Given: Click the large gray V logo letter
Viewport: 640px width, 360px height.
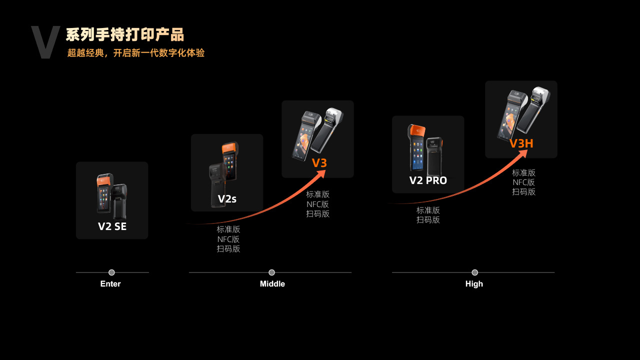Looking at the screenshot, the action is [x=45, y=42].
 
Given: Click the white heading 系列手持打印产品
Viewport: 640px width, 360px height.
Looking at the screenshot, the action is [x=125, y=35].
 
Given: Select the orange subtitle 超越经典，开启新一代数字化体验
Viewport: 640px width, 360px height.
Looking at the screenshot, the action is [x=136, y=53].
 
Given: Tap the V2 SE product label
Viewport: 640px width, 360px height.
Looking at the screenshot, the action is [x=112, y=226].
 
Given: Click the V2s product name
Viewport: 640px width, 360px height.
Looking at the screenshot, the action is [x=227, y=199].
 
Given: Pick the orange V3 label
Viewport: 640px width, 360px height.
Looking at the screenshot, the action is [x=319, y=163].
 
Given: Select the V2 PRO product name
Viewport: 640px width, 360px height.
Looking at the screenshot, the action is [x=428, y=180].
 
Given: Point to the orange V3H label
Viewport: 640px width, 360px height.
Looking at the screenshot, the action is [x=521, y=144].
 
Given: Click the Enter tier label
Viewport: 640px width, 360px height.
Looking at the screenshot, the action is [x=110, y=284].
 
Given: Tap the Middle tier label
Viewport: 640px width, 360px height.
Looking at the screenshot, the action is [x=272, y=284].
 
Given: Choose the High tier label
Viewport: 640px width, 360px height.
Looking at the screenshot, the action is [x=474, y=284].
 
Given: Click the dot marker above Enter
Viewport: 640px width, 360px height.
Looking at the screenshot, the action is [x=111, y=272].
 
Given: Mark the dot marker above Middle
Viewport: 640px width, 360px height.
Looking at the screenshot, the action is [x=271, y=272].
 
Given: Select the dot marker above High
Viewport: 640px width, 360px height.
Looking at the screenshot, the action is [x=474, y=272].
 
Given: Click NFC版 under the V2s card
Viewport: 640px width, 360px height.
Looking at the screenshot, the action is [x=228, y=239].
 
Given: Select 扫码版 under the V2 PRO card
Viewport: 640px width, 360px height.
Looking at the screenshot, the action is [x=428, y=219].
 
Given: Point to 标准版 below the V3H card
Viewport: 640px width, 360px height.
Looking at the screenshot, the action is [x=523, y=172].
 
